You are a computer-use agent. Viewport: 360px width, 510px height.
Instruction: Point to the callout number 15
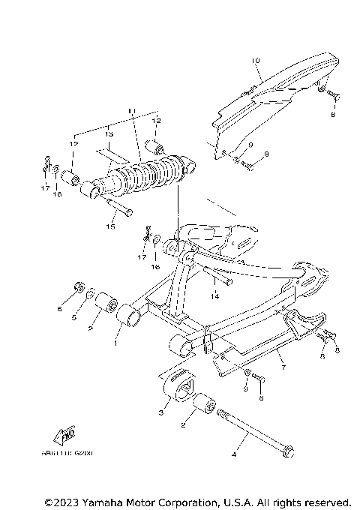110,226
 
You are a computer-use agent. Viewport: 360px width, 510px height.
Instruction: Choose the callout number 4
233,454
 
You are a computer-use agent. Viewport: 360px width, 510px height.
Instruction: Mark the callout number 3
160,412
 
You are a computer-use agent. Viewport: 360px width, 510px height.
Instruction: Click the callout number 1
115,344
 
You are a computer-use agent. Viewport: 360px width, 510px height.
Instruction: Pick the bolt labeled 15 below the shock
121,207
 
